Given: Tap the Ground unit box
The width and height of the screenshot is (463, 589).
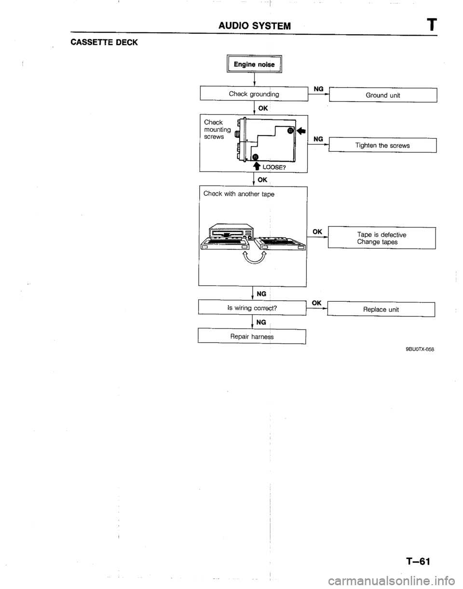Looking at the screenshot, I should point(382,95).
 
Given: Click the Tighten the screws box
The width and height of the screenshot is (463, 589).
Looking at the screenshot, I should point(382,145).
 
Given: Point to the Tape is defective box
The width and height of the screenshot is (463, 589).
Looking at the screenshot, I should point(381,238).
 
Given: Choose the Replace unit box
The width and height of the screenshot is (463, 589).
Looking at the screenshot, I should point(381,309).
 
